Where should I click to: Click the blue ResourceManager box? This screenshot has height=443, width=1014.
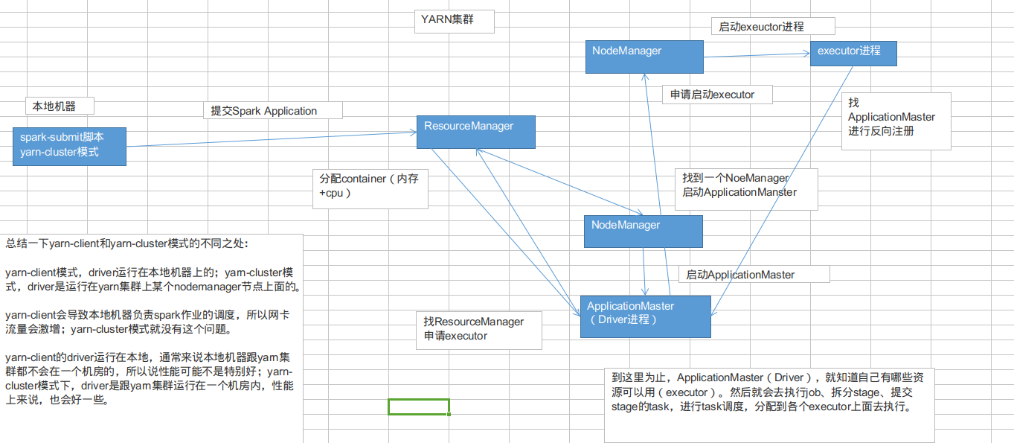coord(475,132)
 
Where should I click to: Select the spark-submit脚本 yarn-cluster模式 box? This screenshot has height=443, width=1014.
coord(69,146)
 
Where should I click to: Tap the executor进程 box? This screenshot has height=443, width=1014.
coord(853,54)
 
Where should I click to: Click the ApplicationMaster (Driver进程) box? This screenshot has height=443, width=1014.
coord(645,316)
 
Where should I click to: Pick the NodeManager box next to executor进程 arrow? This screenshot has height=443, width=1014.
coord(644,56)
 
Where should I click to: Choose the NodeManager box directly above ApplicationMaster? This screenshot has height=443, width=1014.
coord(643,231)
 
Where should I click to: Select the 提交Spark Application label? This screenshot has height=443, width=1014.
coord(272,110)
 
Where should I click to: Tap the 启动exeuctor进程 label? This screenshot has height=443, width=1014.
coord(773,26)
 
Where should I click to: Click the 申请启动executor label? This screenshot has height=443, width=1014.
coord(717,95)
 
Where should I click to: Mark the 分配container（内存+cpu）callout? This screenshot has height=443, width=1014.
coord(370,188)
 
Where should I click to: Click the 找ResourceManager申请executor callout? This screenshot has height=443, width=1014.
coord(478,330)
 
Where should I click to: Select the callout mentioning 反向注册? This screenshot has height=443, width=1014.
coord(896,121)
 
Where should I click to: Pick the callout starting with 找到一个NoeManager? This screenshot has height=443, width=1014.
coord(746,188)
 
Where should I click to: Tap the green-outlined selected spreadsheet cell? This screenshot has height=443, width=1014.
coord(419,407)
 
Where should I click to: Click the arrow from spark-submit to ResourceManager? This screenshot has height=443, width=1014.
coord(268,139)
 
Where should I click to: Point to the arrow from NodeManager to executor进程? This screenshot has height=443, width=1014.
coord(755,55)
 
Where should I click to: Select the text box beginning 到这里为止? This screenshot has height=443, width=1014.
coord(768,404)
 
